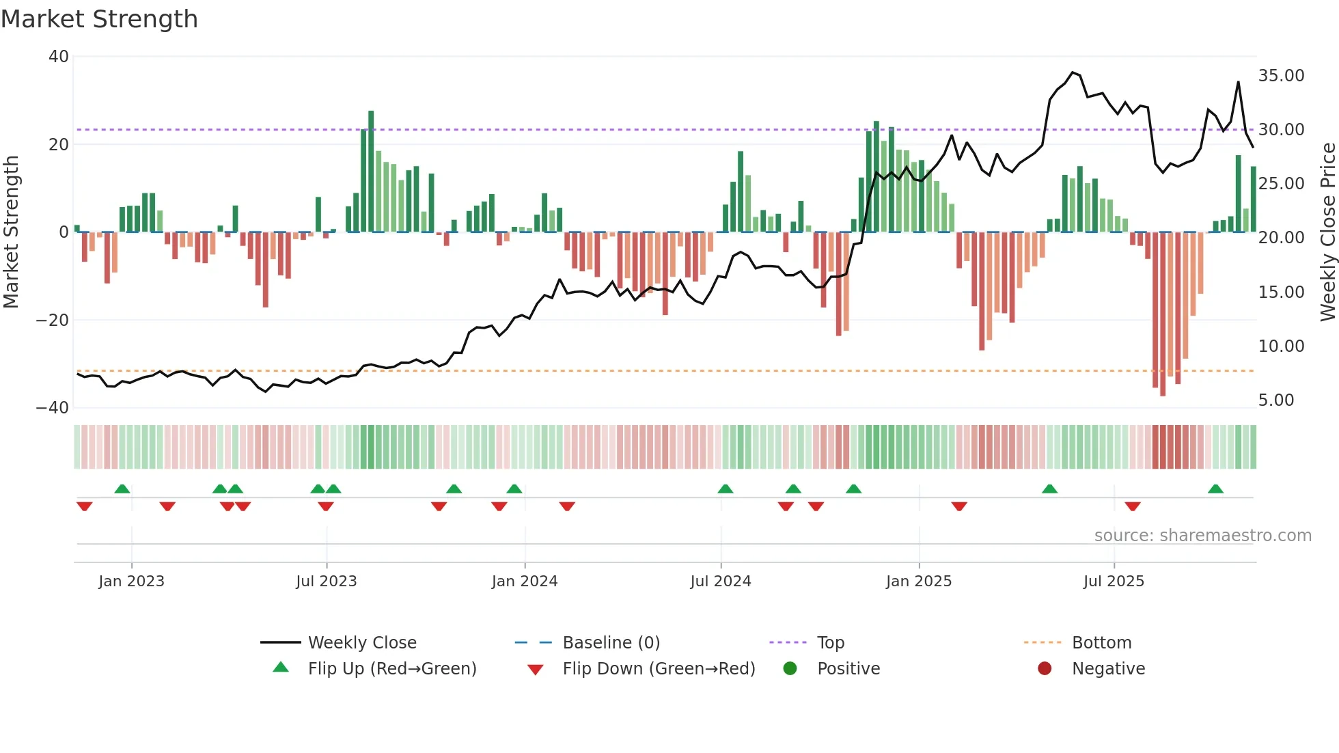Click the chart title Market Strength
tap(99, 19)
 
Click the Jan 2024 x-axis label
tap(524, 581)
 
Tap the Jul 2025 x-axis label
tap(1113, 581)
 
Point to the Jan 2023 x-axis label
tap(131, 581)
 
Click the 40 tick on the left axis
tap(59, 57)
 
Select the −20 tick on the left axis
tap(53, 320)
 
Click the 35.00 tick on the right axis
tap(1281, 76)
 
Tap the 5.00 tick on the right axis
tap(1275, 400)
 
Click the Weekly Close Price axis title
tap(1327, 232)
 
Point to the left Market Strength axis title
tap(12, 232)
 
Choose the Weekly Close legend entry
tap(361, 643)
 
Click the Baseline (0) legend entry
tap(611, 643)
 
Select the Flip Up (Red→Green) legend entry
tap(391, 669)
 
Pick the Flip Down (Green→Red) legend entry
tap(659, 669)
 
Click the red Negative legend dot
tap(1044, 669)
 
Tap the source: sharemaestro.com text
tap(1202, 536)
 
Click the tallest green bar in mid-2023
tap(371, 171)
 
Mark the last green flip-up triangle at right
tap(1215, 489)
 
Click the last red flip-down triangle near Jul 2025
tap(1133, 506)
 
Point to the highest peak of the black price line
tap(1073, 72)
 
